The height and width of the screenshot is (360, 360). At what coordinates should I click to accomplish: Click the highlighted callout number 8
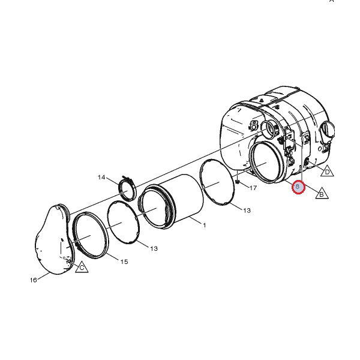pyautogui.click(x=298, y=187)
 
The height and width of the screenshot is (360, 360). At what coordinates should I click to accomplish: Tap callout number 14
pyautogui.click(x=101, y=178)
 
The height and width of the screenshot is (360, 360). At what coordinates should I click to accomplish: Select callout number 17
pyautogui.click(x=253, y=188)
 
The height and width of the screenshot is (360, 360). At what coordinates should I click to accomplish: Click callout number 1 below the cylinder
pyautogui.click(x=205, y=225)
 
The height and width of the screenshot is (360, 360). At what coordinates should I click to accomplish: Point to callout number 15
pyautogui.click(x=124, y=262)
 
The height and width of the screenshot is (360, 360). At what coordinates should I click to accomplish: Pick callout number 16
pyautogui.click(x=33, y=280)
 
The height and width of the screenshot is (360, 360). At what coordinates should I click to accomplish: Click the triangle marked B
pyautogui.click(x=322, y=193)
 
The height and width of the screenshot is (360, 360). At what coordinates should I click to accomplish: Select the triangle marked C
pyautogui.click(x=82, y=267)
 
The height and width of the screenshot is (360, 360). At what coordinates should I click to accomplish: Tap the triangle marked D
pyautogui.click(x=327, y=171)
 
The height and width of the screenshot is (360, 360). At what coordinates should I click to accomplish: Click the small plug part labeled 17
pyautogui.click(x=238, y=182)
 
